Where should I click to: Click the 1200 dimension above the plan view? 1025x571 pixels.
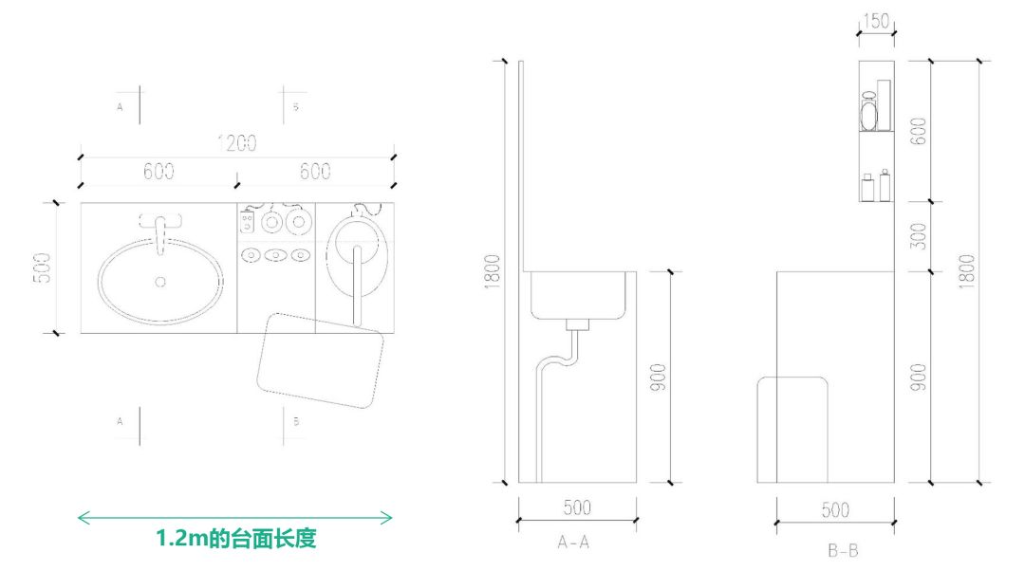tap(236, 144)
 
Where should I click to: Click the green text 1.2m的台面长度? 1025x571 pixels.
tap(235, 539)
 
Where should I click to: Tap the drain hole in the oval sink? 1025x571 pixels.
tap(159, 282)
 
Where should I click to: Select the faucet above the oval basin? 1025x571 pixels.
tap(159, 228)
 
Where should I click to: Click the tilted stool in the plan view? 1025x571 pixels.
tap(321, 359)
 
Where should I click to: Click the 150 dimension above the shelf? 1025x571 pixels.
tap(876, 22)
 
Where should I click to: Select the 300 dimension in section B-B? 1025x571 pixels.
tap(917, 237)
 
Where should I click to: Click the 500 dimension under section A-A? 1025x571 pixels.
tap(576, 508)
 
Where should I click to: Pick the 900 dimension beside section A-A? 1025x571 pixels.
tap(659, 378)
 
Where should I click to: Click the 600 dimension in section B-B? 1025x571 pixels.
tap(917, 131)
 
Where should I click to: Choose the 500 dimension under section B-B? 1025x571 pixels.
tap(834, 510)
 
